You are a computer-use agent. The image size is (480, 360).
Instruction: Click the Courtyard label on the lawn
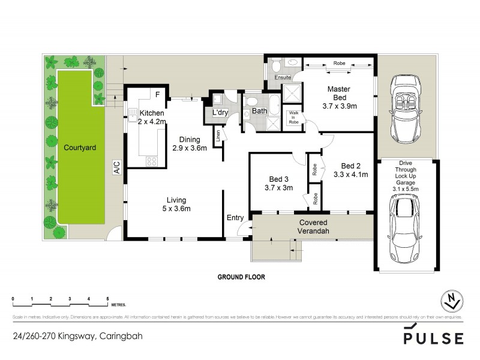pyautogui.click(x=81, y=147)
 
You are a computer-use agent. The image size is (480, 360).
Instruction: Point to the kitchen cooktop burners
pyautogui.click(x=151, y=161)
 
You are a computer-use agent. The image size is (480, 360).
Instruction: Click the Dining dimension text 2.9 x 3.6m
pyautogui.click(x=190, y=148)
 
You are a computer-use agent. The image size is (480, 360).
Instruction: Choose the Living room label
pyautogui.click(x=176, y=200)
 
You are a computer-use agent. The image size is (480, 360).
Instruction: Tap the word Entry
pyautogui.click(x=234, y=218)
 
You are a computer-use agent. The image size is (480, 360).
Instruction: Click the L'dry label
pyautogui.click(x=217, y=113)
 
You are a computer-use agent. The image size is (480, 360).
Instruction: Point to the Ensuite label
pyautogui.click(x=283, y=78)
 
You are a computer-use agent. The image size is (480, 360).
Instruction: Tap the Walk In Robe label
pyautogui.click(x=293, y=117)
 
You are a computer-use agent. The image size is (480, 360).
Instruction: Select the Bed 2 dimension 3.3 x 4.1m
pyautogui.click(x=350, y=175)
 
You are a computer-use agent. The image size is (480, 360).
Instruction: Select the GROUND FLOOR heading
pyautogui.click(x=241, y=277)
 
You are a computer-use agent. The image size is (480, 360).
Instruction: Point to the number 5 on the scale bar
pyautogui.click(x=107, y=298)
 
